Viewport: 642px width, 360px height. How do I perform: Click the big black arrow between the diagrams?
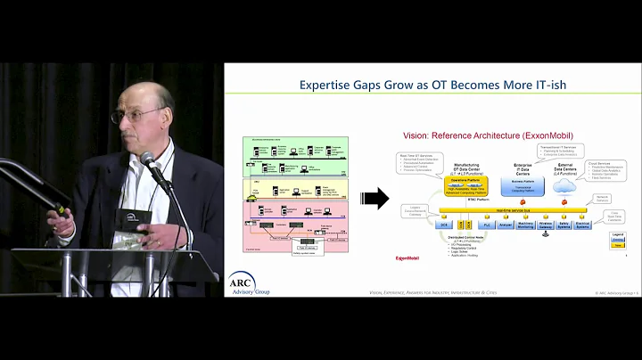(x=377, y=199)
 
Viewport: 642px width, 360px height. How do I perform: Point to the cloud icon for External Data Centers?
(x=564, y=186)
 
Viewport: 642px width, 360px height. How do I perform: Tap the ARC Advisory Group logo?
(x=248, y=282)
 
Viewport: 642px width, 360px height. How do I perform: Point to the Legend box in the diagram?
(x=618, y=240)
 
